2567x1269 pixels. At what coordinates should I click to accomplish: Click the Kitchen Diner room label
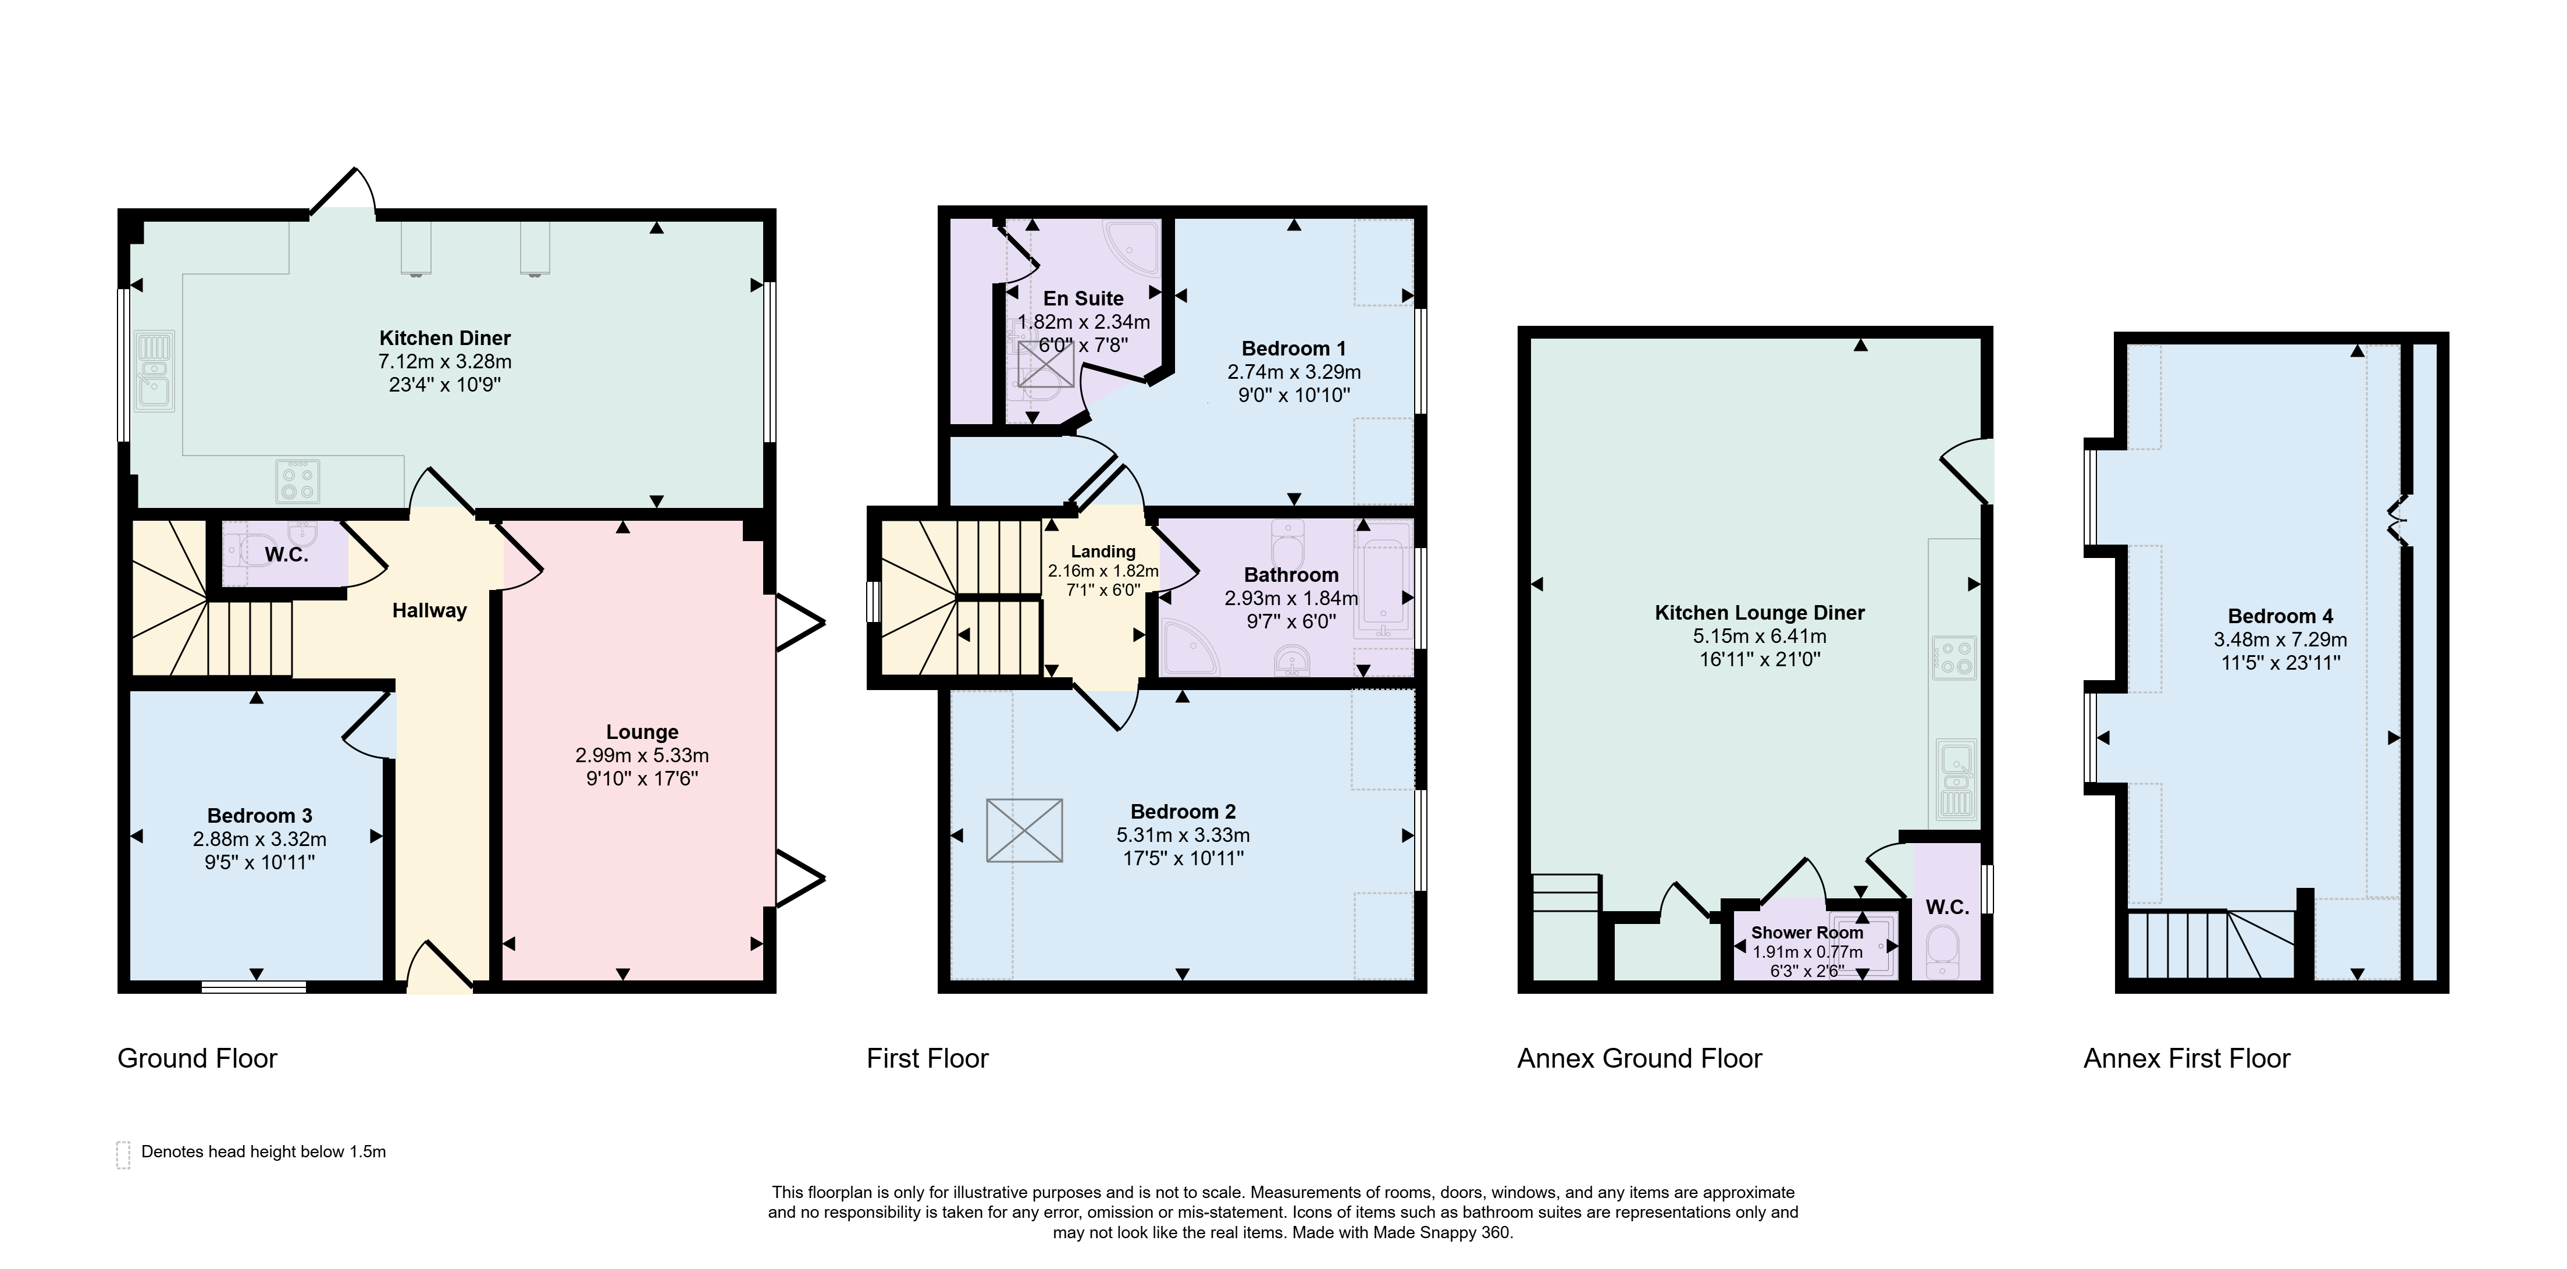pos(444,338)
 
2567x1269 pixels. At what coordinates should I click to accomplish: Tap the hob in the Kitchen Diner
pos(297,481)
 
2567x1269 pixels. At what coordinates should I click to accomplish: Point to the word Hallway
pos(429,610)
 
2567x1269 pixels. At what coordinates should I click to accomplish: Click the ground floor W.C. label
pos(286,554)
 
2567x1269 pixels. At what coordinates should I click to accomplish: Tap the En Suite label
pos(1083,298)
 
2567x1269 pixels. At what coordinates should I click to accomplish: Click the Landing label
pos(1103,551)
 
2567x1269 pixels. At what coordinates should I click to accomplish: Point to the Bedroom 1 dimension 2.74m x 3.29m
pos(1294,372)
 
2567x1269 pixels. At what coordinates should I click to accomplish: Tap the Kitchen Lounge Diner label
pos(1760,613)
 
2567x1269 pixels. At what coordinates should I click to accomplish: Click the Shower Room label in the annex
pos(1807,932)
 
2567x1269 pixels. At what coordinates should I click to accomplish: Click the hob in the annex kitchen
pos(1954,658)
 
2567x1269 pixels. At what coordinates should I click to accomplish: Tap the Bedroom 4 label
pos(2280,616)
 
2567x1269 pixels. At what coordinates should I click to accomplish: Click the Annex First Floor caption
pos(2187,1058)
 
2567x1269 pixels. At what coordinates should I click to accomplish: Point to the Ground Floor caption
pos(197,1058)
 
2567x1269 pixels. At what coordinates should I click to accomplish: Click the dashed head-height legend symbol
pos(123,1154)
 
